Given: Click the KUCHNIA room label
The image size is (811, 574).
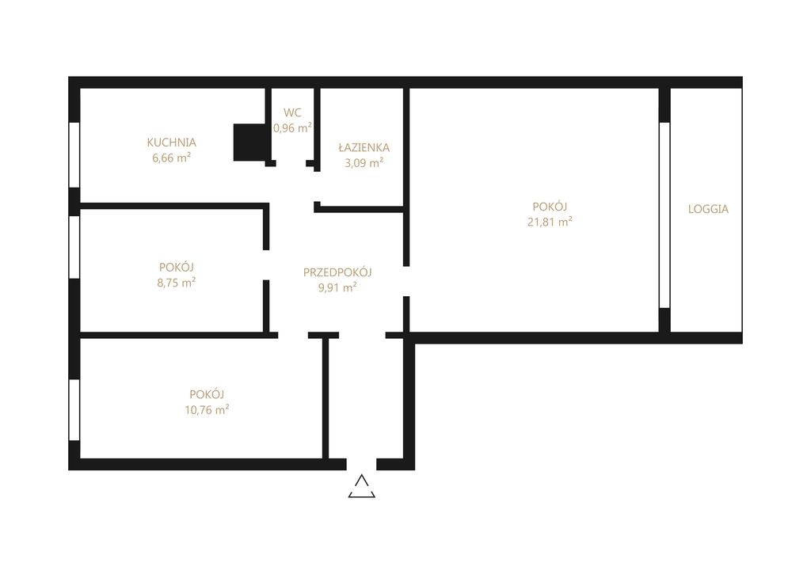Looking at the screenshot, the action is (x=171, y=143).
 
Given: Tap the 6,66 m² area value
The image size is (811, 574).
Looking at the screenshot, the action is (x=171, y=158).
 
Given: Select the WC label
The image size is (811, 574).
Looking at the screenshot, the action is (x=292, y=112).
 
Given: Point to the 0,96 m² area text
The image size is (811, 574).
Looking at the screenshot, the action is (x=292, y=127).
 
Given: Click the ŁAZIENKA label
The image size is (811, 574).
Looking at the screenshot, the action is (x=364, y=147).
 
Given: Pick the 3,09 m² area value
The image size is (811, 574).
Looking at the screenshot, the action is (x=364, y=163).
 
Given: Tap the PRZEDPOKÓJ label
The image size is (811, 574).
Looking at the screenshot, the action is (x=337, y=272).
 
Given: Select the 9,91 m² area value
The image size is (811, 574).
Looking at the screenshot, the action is (x=337, y=287).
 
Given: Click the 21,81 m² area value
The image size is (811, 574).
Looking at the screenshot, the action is (x=550, y=222).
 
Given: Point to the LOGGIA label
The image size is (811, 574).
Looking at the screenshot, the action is (x=708, y=209).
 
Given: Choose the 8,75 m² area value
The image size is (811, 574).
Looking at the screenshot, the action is (x=177, y=283).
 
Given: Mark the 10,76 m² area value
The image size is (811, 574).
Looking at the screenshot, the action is (x=207, y=410).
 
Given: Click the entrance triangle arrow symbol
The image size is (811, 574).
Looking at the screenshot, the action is (x=361, y=486).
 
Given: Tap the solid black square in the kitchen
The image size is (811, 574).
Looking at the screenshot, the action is (x=249, y=143).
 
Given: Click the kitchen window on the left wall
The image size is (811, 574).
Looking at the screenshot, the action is (x=74, y=155).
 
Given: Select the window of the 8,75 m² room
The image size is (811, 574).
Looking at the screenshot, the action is (x=74, y=247).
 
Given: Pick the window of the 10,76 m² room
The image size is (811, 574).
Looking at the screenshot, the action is (x=74, y=410).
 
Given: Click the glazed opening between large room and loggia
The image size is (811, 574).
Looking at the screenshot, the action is (x=664, y=215).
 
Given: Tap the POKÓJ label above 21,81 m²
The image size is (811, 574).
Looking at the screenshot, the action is (x=550, y=207).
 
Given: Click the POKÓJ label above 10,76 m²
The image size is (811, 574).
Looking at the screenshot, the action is (x=207, y=394).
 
